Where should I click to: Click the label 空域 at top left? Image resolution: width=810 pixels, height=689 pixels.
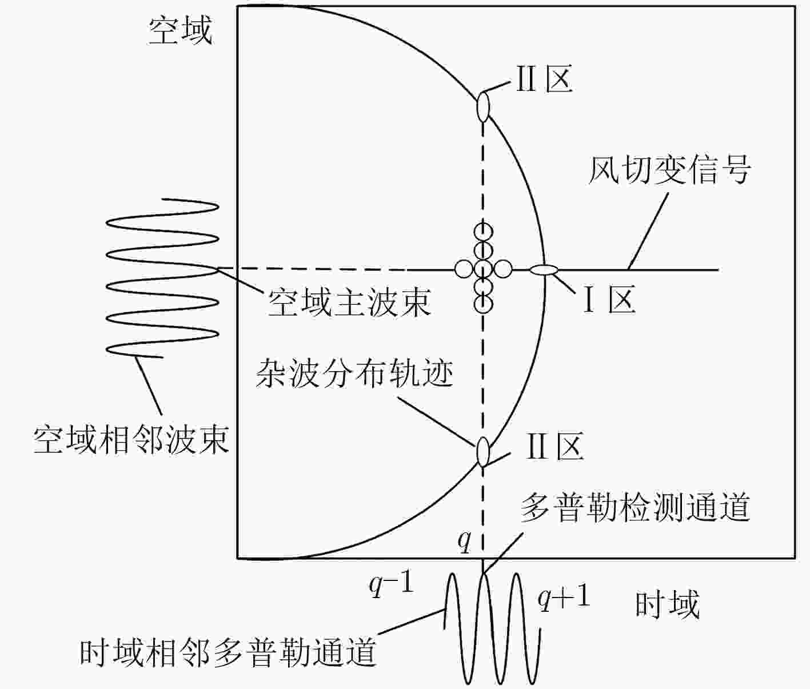[x=180, y=30]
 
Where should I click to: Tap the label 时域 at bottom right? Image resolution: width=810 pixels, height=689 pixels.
[x=667, y=605]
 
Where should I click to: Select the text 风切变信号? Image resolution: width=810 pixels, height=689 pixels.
[x=670, y=170]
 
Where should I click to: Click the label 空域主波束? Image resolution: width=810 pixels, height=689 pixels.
[x=349, y=302]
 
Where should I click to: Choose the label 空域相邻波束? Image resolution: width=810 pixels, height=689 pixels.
[x=131, y=440]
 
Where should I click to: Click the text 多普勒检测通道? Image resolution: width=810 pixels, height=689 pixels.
[x=635, y=508]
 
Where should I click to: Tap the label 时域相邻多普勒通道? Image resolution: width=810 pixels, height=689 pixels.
[x=228, y=652]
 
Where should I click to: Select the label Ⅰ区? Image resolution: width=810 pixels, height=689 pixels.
[x=610, y=300]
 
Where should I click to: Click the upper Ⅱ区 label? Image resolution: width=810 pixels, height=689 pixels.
[x=545, y=78]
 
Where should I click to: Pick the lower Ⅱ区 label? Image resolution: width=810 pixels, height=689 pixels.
[x=555, y=446]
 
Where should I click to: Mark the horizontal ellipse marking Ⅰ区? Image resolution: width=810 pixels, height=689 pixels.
[x=544, y=270]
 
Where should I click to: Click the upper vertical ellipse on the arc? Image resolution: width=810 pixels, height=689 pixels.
[x=483, y=106]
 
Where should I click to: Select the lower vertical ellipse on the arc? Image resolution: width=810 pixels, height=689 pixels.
[x=483, y=452]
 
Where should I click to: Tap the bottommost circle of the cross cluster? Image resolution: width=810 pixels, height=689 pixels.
[x=483, y=305]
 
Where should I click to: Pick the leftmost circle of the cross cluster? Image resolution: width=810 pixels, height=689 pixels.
[x=464, y=269]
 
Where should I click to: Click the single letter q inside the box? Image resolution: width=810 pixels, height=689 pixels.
[x=464, y=543]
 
